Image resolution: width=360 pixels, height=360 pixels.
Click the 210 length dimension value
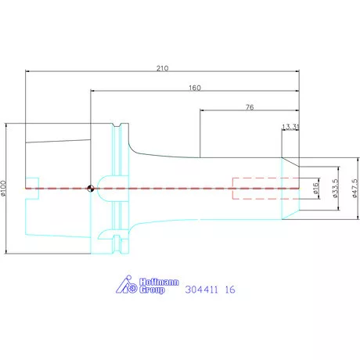162,68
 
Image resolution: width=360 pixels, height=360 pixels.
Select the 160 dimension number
195,88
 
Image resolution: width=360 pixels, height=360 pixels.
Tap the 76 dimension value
250,107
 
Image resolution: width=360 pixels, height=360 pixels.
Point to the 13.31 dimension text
290,127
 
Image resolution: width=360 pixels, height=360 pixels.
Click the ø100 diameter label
3,188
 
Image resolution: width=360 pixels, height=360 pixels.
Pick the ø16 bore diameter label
315,188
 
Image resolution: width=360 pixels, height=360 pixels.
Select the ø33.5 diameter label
336,188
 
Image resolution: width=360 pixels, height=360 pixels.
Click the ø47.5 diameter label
355,189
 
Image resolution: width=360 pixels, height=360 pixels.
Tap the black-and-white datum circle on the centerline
91,189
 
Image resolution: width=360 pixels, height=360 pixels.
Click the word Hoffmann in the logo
159,282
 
